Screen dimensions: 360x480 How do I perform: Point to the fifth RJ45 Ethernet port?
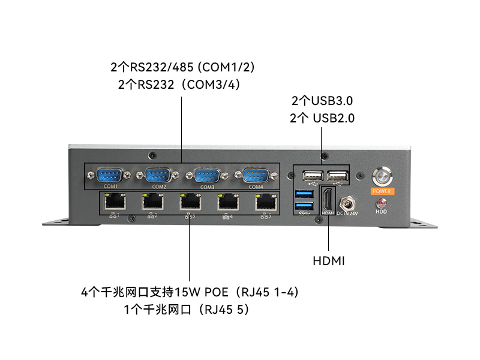coord(264,203)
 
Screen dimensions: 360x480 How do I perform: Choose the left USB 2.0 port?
coord(313,176)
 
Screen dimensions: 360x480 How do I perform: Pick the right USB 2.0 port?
coord(338,176)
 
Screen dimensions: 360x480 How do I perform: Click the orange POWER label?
coord(382,191)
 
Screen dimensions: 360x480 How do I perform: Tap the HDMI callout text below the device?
coord(329,261)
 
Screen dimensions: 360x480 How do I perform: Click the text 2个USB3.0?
coord(322,101)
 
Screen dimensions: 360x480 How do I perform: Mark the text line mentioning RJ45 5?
coord(186,310)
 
